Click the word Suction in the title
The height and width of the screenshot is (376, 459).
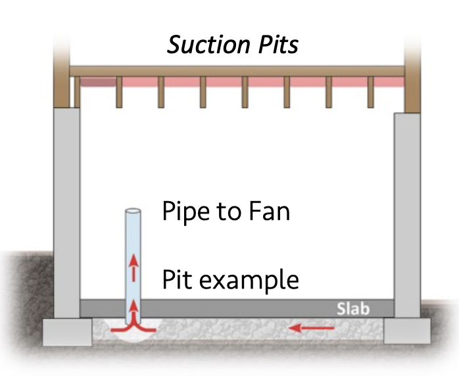pos(209,45)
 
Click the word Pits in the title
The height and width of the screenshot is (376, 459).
pos(278,45)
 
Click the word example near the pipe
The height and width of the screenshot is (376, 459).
pos(249,280)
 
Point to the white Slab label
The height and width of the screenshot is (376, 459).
pos(353,309)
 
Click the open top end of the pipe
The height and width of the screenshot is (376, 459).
pos(133,211)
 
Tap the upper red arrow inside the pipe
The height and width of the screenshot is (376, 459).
pos(133,268)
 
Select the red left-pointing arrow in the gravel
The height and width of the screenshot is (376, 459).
pos(312,328)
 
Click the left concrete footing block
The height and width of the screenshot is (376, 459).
pos(67,333)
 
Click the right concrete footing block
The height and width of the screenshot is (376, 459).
pos(407,331)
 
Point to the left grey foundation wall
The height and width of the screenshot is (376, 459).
pos(66,213)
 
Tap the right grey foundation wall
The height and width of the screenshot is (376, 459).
pos(407,215)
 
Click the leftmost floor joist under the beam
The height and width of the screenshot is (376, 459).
pos(77,92)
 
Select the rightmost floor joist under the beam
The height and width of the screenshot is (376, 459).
pos(371,92)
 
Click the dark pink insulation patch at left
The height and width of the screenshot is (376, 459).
pos(98,82)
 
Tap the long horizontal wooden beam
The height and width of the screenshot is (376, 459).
pos(237,72)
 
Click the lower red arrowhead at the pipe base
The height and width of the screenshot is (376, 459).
pos(133,306)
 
